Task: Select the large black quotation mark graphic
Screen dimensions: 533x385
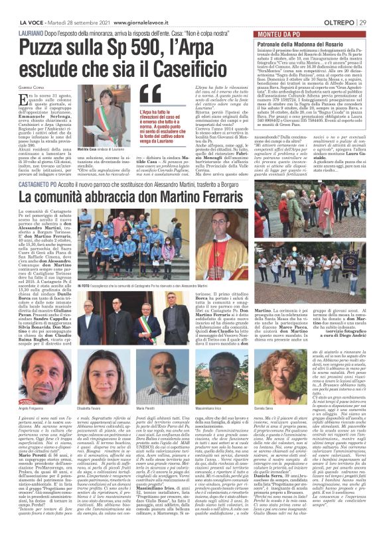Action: [146, 102]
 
